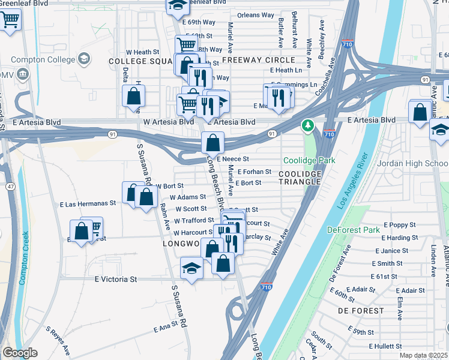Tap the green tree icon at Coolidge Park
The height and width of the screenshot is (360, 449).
click(309, 125)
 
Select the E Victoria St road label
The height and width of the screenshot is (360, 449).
click(116, 279)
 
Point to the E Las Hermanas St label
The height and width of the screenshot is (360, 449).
click(88, 205)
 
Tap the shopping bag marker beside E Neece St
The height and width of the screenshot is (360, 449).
click(212, 143)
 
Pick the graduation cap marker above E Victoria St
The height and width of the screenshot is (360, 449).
click(191, 267)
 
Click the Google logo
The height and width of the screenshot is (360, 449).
click(19, 353)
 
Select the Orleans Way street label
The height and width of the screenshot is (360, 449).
click(255, 15)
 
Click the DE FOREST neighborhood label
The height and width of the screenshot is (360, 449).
click(360, 311)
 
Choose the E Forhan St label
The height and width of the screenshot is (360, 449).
click(254, 172)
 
